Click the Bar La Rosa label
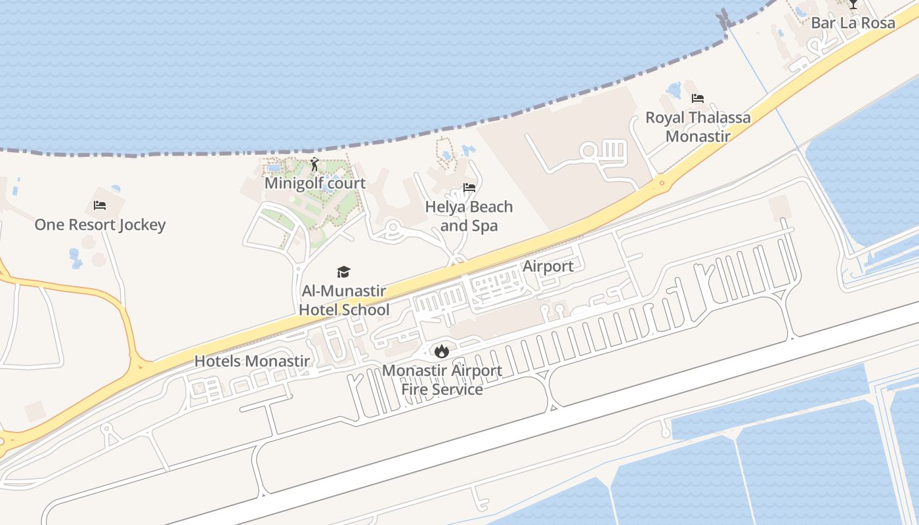point(853,23)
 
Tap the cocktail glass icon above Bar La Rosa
point(853,5)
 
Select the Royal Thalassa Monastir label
point(698,127)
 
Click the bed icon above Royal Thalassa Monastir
point(698,99)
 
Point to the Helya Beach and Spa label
point(469,216)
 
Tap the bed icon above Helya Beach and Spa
point(469,188)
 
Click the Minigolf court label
point(315,183)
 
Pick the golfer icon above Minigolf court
point(314,164)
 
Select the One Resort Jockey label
point(100,224)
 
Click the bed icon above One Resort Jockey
point(100,205)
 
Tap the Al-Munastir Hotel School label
point(344,300)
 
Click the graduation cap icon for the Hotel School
point(343,272)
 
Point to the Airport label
point(548,266)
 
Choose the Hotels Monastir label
point(252,361)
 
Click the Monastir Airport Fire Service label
point(442,379)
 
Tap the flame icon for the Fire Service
point(442,351)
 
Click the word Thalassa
point(719,118)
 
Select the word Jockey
point(142,224)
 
